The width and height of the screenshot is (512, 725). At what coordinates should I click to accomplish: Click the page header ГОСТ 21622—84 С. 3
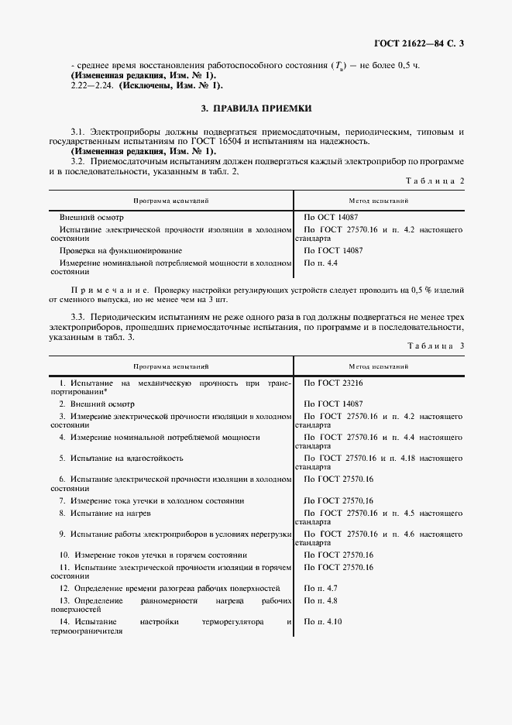[418, 43]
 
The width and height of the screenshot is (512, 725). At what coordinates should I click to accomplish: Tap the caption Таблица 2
[435, 180]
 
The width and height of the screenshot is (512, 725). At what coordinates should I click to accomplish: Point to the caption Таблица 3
[435, 345]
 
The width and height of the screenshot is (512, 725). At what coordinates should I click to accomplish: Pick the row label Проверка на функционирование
[121, 251]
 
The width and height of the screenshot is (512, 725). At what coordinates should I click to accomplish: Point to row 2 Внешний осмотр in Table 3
[97, 404]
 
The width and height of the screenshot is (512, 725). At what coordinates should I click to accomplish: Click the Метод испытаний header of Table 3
[379, 365]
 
